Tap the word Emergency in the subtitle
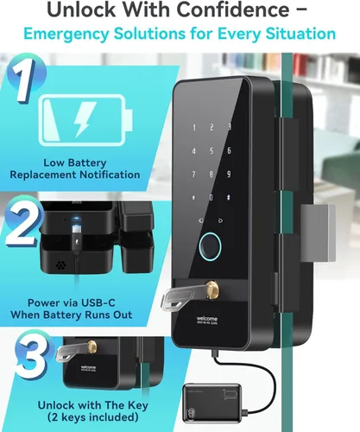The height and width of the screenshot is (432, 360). pyautogui.click(x=66, y=34)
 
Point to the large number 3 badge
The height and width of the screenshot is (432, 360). pyautogui.click(x=34, y=357)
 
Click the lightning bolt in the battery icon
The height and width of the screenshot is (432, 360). pyautogui.click(x=85, y=120)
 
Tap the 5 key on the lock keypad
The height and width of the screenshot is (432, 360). pyautogui.click(x=212, y=150)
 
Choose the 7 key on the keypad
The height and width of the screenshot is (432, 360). pyautogui.click(x=193, y=174)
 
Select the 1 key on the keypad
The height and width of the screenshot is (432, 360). pyautogui.click(x=194, y=128)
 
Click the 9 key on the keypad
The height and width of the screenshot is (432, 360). pyautogui.click(x=229, y=174)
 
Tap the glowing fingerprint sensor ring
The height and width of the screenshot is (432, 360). pyautogui.click(x=210, y=246)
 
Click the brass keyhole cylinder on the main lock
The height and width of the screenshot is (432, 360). pyautogui.click(x=213, y=289)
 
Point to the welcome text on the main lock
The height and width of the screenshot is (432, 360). pyautogui.click(x=207, y=319)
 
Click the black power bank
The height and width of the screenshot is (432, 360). pyautogui.click(x=212, y=402)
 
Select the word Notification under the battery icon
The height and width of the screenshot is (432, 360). pyautogui.click(x=110, y=175)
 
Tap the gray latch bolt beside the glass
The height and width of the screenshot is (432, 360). pyautogui.click(x=319, y=232)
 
